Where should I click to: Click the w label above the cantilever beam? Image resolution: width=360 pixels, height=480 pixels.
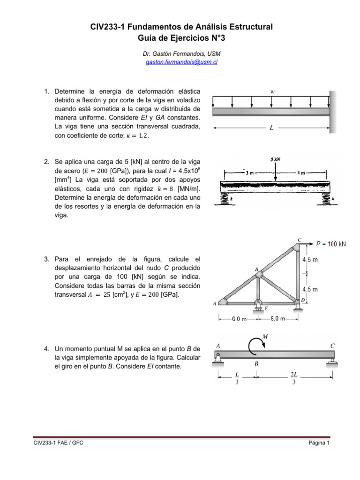(x=272, y=91)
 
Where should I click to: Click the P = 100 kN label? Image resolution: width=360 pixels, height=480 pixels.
(x=331, y=244)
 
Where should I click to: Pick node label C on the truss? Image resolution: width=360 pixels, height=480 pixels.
(x=300, y=240)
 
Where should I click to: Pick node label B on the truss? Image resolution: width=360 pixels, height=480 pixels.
(x=256, y=270)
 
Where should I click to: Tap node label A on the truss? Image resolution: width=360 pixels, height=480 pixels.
(x=215, y=303)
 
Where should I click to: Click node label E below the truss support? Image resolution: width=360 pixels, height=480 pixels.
(x=266, y=308)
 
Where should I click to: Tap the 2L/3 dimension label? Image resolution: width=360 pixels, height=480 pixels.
(x=294, y=378)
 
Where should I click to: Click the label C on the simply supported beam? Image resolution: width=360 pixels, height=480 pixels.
(x=332, y=345)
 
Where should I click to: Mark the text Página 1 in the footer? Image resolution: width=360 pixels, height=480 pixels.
(x=320, y=443)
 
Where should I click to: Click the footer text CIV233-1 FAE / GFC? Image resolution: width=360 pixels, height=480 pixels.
(x=58, y=443)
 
